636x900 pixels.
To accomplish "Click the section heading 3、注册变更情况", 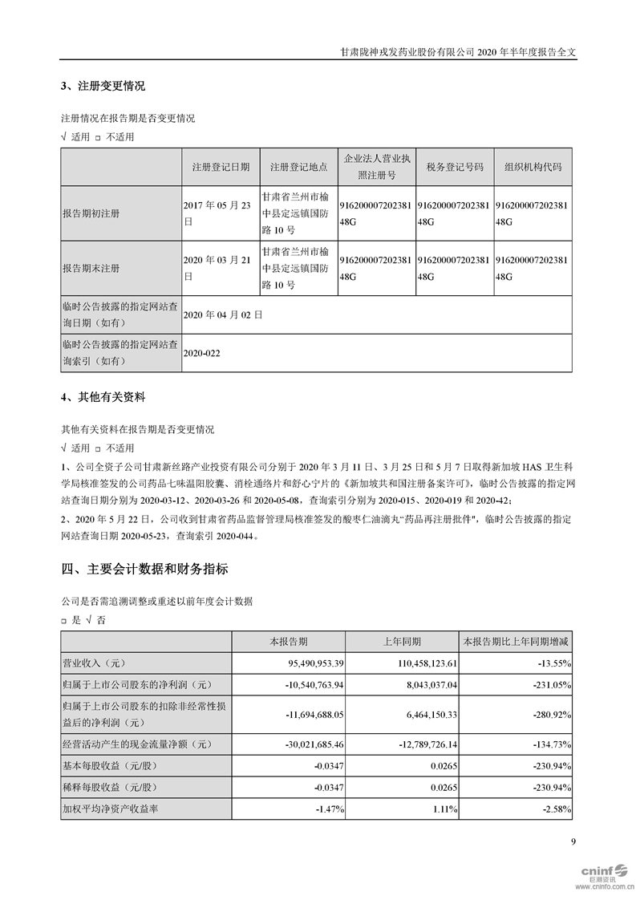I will pyautogui.click(x=103, y=86).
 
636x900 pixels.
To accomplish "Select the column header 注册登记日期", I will pyautogui.click(x=221, y=167).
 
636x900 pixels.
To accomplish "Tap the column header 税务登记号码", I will pyautogui.click(x=455, y=167).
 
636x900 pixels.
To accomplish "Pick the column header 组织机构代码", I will pyautogui.click(x=533, y=167).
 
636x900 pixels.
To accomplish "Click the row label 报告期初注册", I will pyautogui.click(x=91, y=215).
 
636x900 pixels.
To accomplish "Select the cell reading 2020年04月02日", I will pyautogui.click(x=223, y=315).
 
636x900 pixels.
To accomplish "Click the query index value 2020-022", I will pyautogui.click(x=201, y=352).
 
